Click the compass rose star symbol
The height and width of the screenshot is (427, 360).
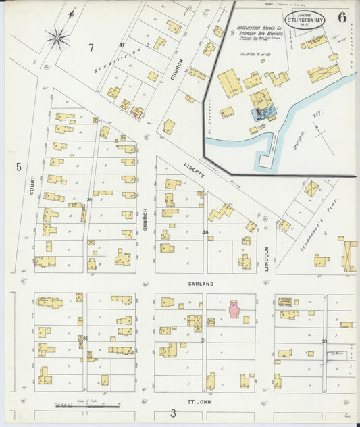[59, 36]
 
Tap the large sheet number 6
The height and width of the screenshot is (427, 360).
[342, 17]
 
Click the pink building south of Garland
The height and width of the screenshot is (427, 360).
[234, 309]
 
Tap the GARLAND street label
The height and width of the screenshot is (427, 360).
[201, 284]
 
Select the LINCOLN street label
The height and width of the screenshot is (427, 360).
[267, 257]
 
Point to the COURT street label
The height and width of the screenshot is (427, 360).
[32, 186]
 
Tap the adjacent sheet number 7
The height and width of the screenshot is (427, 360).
[91, 47]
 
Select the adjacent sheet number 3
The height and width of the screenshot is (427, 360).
[173, 413]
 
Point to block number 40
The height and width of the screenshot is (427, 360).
[205, 232]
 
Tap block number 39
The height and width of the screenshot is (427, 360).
[89, 200]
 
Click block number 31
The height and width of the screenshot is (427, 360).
[203, 341]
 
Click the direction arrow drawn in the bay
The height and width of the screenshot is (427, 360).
[325, 143]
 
